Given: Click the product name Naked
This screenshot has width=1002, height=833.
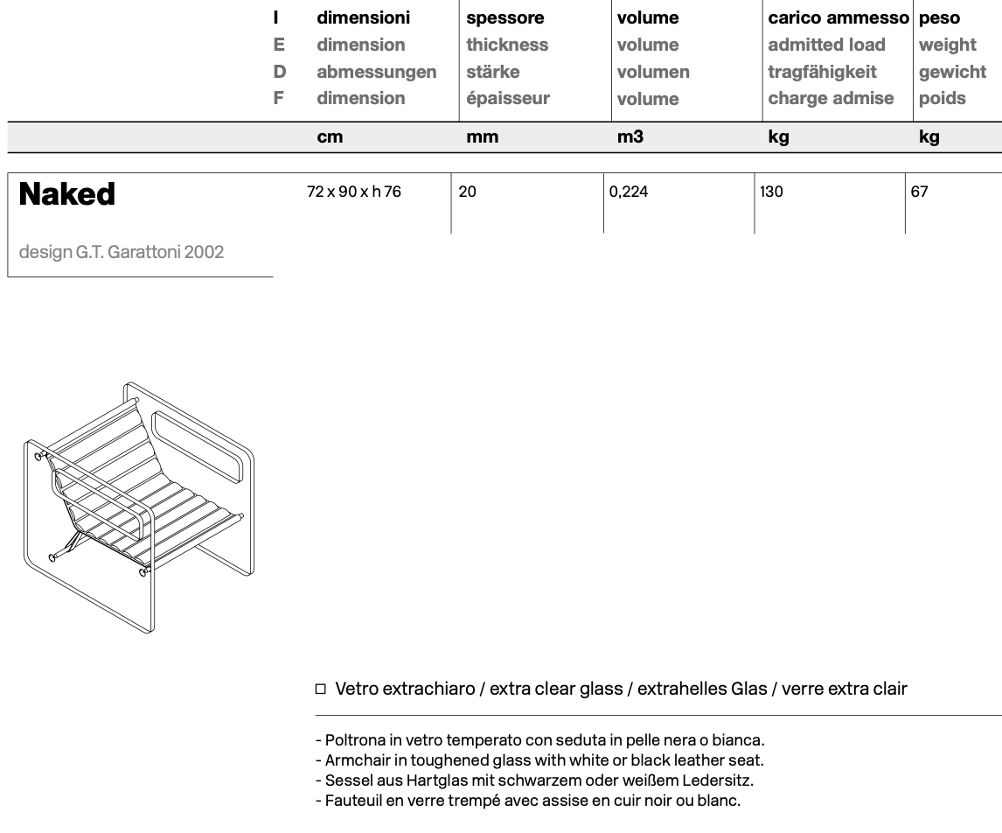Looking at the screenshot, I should pos(66,194).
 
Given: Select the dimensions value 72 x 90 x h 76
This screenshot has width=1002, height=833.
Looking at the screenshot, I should pos(354,192).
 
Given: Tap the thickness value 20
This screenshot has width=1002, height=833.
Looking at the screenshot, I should pos(468,192).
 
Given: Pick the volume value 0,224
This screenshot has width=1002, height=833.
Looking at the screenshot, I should pos(629,192).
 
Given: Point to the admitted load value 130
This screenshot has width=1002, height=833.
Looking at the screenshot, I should pos(771,192).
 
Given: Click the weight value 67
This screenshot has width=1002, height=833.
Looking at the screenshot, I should pos(919,192).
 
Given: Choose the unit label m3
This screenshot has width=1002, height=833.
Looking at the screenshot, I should pos(630,136).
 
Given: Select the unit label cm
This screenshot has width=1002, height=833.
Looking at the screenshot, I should pos(330,136).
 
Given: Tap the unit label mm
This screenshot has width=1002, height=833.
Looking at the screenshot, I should pos(482,136).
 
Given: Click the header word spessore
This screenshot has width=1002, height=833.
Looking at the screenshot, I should pos(504,17).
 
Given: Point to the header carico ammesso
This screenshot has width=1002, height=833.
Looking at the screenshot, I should pos(838,17).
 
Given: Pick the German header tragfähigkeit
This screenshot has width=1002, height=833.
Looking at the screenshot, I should pos(822,72).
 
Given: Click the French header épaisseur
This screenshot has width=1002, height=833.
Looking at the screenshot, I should pos(508,98).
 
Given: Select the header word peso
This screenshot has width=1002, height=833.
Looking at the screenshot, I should pos(939,17).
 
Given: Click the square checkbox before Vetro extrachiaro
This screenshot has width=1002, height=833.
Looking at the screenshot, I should pos(320,689).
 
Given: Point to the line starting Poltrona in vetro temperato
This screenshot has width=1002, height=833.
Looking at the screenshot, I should pos(539,740).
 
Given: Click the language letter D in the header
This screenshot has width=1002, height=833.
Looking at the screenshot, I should pos(279,72).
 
